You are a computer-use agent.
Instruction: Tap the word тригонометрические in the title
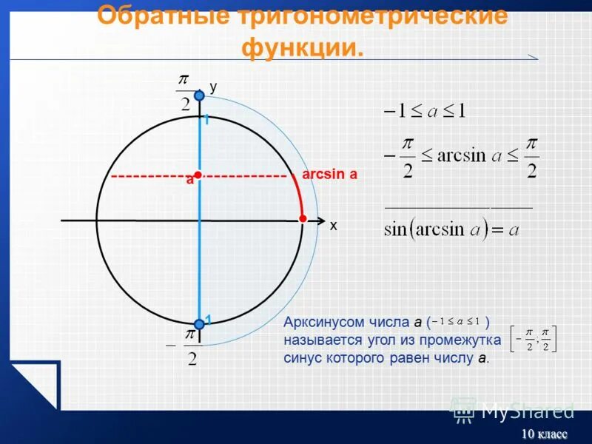point(369,16)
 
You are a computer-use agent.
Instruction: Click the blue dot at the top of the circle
point(199,95)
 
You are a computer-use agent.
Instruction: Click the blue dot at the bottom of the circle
point(199,323)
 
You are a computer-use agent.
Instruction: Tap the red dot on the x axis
point(303,218)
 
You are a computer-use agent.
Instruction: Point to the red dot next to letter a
point(198,175)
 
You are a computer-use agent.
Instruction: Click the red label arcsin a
point(330,175)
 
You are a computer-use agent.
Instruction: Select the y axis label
point(213,87)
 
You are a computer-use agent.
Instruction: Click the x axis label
point(333,226)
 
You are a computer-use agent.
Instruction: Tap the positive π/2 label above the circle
point(185,92)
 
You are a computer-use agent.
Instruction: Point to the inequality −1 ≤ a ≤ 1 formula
point(424,112)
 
